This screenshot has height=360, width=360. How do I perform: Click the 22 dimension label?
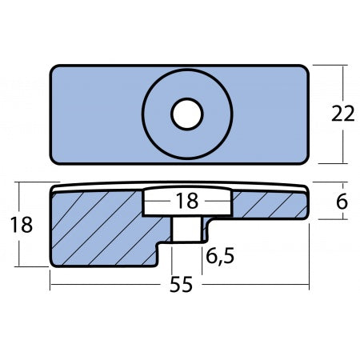[x=342, y=114]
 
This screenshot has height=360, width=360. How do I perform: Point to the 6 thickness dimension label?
[x=342, y=202]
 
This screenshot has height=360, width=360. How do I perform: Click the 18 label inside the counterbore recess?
[x=186, y=202]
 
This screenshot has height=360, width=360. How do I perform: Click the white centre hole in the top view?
[x=186, y=114]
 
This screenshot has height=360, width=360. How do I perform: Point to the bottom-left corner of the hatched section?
[x=53, y=265]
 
